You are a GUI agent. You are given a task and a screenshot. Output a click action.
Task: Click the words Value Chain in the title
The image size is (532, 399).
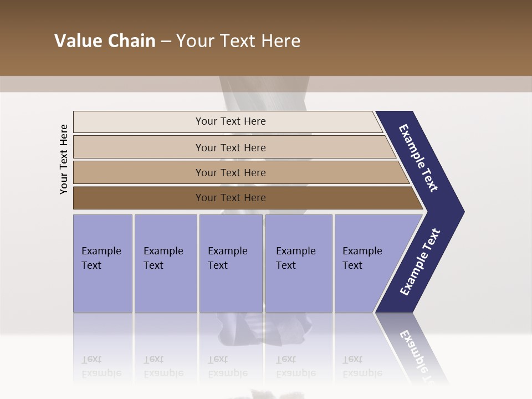click(105, 41)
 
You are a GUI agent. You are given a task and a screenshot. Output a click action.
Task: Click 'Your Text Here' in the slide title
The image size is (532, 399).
click(238, 41)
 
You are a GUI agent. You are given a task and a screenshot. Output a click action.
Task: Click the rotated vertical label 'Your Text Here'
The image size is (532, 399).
click(64, 159)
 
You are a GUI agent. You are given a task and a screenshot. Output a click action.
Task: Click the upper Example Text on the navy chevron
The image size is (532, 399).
click(418, 158)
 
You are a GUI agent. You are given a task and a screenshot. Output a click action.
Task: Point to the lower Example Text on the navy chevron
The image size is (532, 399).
click(420, 262)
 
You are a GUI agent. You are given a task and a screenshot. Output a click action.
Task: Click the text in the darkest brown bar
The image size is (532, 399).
click(231, 198)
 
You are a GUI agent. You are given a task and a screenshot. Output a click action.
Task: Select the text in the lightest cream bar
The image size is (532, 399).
click(231, 121)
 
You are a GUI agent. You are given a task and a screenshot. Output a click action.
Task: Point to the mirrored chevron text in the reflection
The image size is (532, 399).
click(420, 355)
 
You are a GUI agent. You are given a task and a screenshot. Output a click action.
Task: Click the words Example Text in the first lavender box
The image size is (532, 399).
click(101, 258)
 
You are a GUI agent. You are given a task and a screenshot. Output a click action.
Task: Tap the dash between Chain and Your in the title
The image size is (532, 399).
click(166, 42)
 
